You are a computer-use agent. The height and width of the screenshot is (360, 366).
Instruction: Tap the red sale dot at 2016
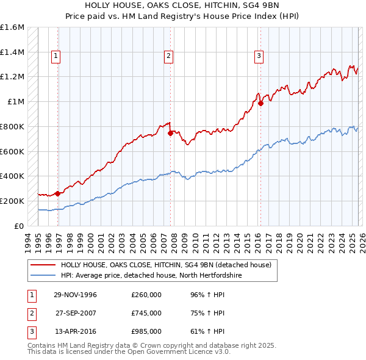pos(260,103)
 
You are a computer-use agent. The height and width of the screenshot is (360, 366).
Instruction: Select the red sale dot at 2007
pos(170,133)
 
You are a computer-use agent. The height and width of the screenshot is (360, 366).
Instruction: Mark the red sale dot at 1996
pos(58,193)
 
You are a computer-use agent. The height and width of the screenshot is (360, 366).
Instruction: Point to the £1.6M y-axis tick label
pos(12,27)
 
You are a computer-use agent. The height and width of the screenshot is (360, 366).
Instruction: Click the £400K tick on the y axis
pos(12,176)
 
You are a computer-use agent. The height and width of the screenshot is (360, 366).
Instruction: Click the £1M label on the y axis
pos(15,102)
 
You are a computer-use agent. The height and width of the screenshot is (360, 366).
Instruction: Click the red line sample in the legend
pos(43,265)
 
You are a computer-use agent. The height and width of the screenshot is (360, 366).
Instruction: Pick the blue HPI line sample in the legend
pos(43,275)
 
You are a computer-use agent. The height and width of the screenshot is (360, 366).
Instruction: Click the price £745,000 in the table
pos(146,314)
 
